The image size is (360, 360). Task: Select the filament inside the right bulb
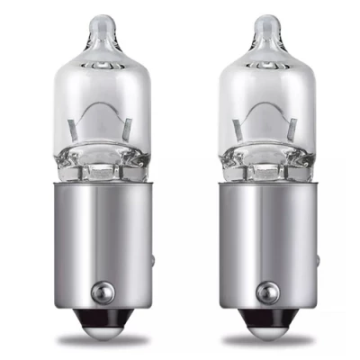[x=263, y=120]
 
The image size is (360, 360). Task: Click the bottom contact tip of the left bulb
[x=102, y=330]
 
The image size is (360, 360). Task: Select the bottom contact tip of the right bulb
[x=264, y=330]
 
